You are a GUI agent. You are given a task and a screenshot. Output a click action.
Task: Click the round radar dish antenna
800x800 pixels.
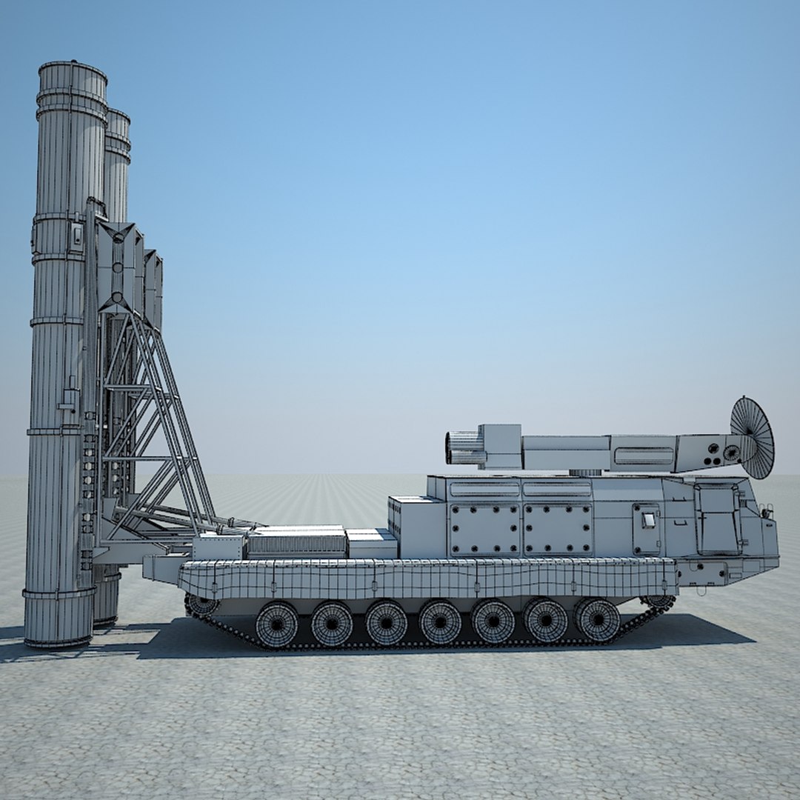coord(753,437)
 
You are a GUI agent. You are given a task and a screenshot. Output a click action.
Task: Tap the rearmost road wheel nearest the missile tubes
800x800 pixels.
coord(276,624)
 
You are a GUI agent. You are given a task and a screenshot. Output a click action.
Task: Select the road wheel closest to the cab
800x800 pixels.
coord(597,619)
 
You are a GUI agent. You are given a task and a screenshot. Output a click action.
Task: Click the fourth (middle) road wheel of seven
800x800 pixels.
coord(440,621)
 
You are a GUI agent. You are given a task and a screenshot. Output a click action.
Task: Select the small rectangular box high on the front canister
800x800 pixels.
coord(76,236)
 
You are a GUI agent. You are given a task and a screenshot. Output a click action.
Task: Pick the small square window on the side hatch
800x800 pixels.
coord(649,519)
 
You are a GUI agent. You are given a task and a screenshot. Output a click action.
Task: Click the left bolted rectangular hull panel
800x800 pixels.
coord(484,529)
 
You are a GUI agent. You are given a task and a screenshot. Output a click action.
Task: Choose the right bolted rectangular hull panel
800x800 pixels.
coord(558,529)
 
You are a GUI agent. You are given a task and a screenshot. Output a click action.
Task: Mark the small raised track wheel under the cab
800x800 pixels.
coord(657,601)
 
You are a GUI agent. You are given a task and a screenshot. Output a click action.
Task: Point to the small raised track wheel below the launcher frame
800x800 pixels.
coord(202,605)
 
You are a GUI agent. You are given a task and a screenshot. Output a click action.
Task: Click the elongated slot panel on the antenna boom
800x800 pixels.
coord(643,455)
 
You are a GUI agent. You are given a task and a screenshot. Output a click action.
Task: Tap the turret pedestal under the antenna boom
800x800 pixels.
coord(585,473)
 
